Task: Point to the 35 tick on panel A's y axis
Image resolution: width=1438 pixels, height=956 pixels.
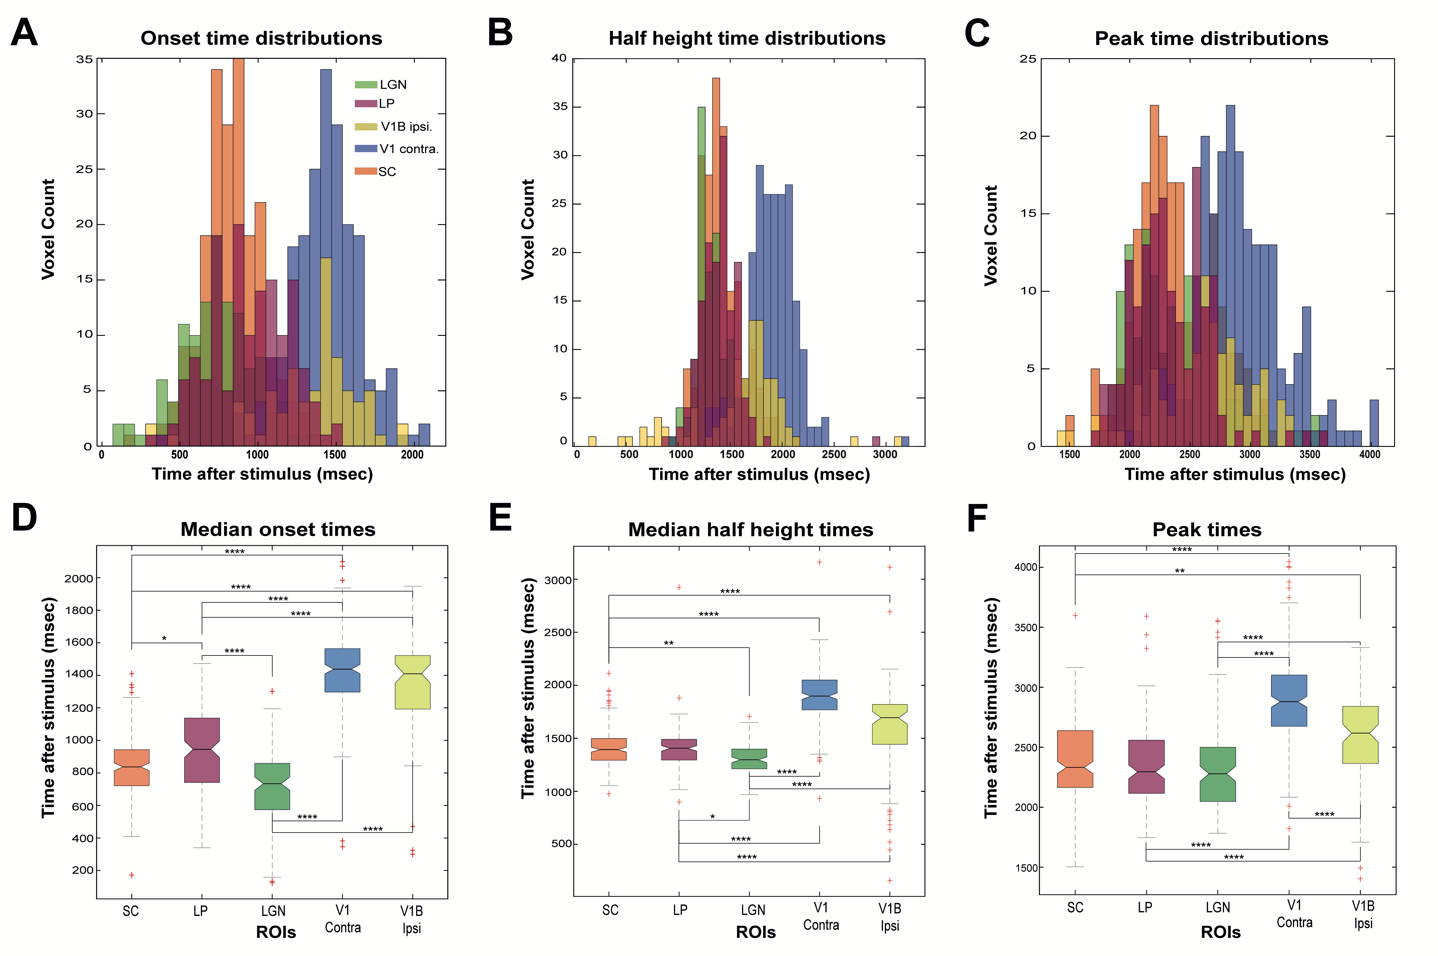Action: click(x=85, y=59)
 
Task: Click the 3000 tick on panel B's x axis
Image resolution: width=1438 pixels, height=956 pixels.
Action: click(x=884, y=454)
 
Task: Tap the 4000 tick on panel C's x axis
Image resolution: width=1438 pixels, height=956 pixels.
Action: click(x=1369, y=454)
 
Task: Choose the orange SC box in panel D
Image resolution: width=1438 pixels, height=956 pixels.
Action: click(x=132, y=767)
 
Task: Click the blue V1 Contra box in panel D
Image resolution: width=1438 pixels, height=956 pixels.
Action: click(x=342, y=670)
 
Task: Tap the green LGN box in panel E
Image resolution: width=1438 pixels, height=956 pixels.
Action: click(x=749, y=759)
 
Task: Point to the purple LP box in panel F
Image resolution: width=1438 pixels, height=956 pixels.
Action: click(x=1146, y=766)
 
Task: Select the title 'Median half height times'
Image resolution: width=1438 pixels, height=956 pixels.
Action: click(x=750, y=529)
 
